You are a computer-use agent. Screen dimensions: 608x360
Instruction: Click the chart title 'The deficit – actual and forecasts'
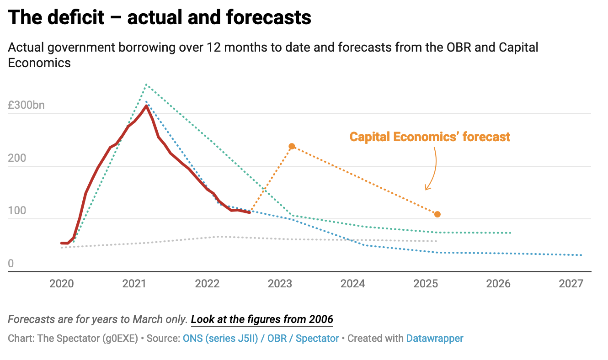[x=160, y=17]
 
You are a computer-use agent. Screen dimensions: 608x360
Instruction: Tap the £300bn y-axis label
[x=26, y=105]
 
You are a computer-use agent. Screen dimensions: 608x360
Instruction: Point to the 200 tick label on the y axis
[x=17, y=158]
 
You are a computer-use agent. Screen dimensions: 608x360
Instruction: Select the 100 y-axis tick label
[x=17, y=211]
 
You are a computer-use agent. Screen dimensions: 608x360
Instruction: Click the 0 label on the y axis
[x=11, y=264]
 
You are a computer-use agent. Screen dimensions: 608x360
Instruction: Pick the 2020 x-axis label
[x=62, y=284]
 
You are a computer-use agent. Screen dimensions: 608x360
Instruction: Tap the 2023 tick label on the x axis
[x=280, y=284]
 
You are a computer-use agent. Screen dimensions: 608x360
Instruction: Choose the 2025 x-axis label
[x=426, y=284]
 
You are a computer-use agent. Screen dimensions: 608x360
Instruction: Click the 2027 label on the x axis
[x=571, y=284]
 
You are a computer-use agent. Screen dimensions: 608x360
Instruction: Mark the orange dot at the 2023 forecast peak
[x=292, y=147]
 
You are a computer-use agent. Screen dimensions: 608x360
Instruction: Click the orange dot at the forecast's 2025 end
[x=437, y=214]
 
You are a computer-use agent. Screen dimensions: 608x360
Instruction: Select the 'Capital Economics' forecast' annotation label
[x=430, y=137]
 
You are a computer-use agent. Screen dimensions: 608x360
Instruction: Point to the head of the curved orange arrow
[x=426, y=189]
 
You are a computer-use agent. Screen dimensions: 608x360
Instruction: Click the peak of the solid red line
[x=146, y=106]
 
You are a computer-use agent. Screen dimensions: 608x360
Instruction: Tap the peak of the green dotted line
[x=146, y=85]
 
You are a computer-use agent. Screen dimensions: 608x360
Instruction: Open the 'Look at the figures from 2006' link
[x=262, y=319]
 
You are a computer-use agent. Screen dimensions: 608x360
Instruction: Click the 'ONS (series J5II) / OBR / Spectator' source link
[x=261, y=339]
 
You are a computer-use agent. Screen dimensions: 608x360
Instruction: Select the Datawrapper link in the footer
[x=435, y=339]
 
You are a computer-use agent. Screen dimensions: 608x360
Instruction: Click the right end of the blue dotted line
[x=581, y=255]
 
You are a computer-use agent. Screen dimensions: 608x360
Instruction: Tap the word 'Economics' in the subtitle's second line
[x=39, y=63]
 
